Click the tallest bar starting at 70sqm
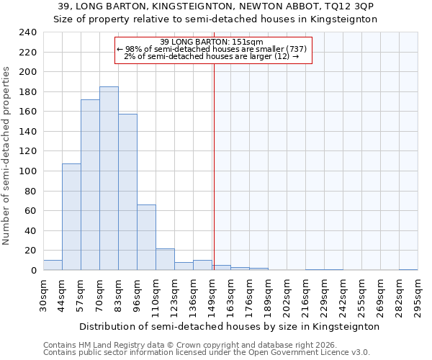109,179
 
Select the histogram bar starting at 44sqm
71,217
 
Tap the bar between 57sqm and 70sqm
90,185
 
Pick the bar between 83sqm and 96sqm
127,192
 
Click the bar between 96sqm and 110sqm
146,238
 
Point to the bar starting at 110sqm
165,259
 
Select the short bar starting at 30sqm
53,265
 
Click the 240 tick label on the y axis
27,33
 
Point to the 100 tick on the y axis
27,171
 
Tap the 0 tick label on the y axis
33,270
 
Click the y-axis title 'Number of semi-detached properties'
6,156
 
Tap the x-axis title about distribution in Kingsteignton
229,326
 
